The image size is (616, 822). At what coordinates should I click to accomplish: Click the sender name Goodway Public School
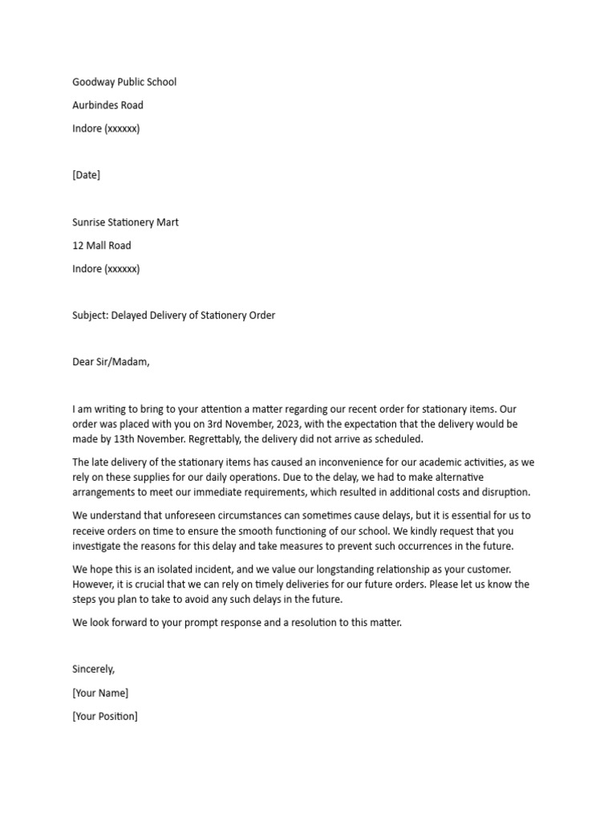point(124,82)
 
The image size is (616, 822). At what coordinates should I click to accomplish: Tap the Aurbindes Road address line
point(108,105)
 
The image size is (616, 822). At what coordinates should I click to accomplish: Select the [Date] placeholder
point(87,175)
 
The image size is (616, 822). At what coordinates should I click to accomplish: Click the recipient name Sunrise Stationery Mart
point(125,222)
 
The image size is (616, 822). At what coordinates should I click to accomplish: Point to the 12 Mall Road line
point(102,246)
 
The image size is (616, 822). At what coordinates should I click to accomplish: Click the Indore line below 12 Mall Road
point(106,269)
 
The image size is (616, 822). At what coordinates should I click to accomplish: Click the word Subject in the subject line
point(90,315)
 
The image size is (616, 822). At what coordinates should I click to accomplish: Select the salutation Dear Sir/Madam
point(111,362)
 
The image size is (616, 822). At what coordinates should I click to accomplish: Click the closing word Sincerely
point(94,669)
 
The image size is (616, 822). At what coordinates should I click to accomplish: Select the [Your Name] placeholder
point(100,693)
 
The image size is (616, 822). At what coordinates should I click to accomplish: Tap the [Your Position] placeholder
point(105,716)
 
